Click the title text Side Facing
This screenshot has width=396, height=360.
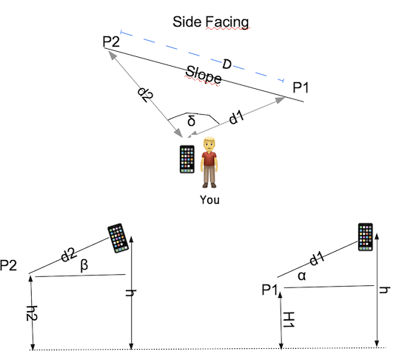(x=211, y=22)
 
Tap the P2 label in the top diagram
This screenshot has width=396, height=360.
(x=111, y=41)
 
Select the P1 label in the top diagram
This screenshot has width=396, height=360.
(x=301, y=87)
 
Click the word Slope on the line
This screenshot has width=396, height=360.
(x=204, y=75)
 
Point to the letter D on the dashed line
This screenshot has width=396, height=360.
(x=226, y=64)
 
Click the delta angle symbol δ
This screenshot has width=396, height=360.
(x=192, y=120)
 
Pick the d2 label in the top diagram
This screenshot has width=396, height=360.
(x=145, y=94)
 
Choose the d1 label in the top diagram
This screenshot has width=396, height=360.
(x=236, y=117)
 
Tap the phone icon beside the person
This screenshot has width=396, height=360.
(x=187, y=159)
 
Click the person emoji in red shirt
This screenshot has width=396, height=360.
(x=209, y=162)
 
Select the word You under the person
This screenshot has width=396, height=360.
(x=209, y=200)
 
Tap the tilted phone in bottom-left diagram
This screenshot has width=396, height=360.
(x=118, y=238)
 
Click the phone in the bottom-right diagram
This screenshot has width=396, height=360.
(x=366, y=237)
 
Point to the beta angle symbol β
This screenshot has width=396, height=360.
(x=84, y=265)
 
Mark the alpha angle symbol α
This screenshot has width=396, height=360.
(x=302, y=276)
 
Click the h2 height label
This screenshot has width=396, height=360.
(x=32, y=313)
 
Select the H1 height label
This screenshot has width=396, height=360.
(x=289, y=319)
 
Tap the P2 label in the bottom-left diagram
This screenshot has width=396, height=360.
(x=8, y=265)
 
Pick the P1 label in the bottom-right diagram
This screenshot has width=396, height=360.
(x=269, y=290)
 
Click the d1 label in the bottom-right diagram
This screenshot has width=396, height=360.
(x=317, y=259)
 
